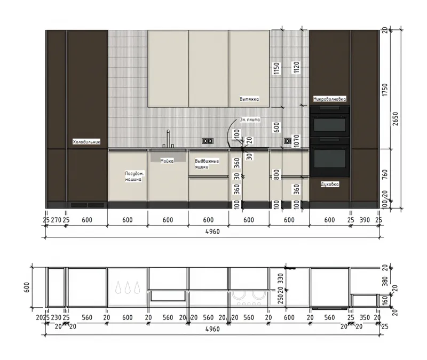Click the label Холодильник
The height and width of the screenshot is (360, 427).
pyautogui.click(x=86, y=142)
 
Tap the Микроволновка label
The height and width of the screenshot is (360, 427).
pyautogui.click(x=330, y=99)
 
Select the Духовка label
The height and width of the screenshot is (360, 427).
pyautogui.click(x=330, y=184)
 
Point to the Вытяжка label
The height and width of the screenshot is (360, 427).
pyautogui.click(x=249, y=99)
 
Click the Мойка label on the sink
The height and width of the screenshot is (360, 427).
pyautogui.click(x=167, y=161)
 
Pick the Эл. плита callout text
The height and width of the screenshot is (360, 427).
pyautogui.click(x=250, y=120)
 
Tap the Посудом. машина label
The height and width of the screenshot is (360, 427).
pyautogui.click(x=134, y=177)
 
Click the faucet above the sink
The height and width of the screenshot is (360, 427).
pyautogui.click(x=167, y=139)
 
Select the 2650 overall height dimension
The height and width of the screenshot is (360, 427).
pyautogui.click(x=395, y=119)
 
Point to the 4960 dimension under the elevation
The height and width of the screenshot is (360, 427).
pyautogui.click(x=212, y=231)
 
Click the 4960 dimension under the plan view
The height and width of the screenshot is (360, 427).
pyautogui.click(x=212, y=329)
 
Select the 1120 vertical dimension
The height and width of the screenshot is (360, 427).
pyautogui.click(x=296, y=68)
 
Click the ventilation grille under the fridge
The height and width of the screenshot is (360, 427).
pyautogui.click(x=88, y=205)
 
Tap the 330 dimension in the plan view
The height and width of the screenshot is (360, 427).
pyautogui.click(x=281, y=278)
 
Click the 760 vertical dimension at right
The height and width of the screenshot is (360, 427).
pyautogui.click(x=384, y=174)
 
